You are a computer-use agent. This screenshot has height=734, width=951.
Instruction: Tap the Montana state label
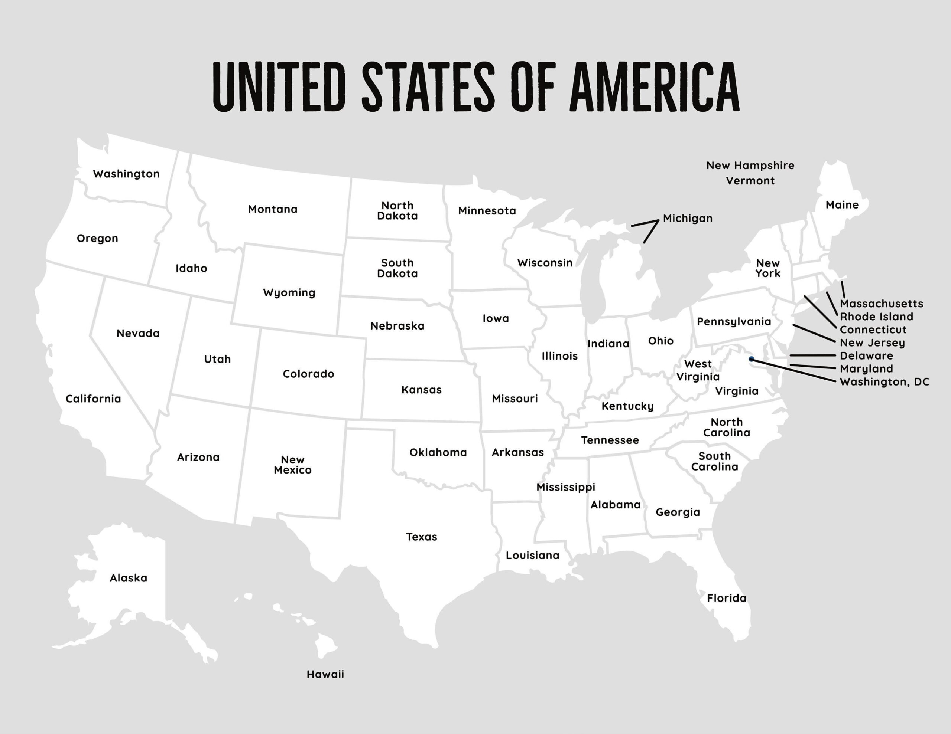[273, 209]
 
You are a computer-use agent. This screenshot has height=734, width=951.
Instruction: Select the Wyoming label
[289, 292]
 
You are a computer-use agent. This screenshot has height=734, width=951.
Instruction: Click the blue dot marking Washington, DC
[751, 359]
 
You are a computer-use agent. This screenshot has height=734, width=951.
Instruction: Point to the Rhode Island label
[876, 317]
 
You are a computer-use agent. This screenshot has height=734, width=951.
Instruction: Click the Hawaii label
[325, 674]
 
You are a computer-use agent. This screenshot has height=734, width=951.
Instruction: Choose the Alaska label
[129, 578]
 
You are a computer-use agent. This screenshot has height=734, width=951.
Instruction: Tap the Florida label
[726, 598]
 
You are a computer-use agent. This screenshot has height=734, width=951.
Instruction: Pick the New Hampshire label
[750, 166]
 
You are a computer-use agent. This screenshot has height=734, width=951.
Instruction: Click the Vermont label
[750, 181]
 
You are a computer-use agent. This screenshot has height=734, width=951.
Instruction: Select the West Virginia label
[698, 370]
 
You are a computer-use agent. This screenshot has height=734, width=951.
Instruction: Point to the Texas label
[421, 537]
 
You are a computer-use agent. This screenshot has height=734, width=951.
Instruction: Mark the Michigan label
[688, 219]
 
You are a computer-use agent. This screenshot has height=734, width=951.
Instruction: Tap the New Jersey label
[872, 343]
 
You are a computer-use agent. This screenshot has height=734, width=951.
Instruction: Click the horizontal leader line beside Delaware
[812, 355]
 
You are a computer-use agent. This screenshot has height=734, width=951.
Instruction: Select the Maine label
[842, 205]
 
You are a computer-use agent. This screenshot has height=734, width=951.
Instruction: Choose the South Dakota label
[397, 268]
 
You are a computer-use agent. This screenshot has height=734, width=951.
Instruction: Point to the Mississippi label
[565, 487]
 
